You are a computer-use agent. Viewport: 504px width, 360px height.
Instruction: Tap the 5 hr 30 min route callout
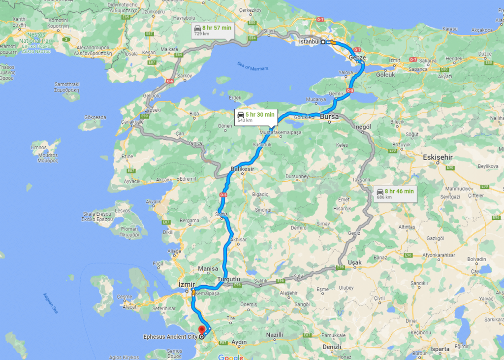255,117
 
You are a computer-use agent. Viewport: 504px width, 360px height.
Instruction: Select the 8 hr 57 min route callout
212,31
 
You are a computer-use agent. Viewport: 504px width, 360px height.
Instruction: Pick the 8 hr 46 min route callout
395,193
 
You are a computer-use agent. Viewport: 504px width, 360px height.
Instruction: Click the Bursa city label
329,117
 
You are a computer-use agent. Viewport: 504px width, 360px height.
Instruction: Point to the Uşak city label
354,262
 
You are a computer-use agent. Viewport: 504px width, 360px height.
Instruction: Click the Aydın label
239,342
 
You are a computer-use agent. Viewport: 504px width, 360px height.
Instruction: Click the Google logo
231,357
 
